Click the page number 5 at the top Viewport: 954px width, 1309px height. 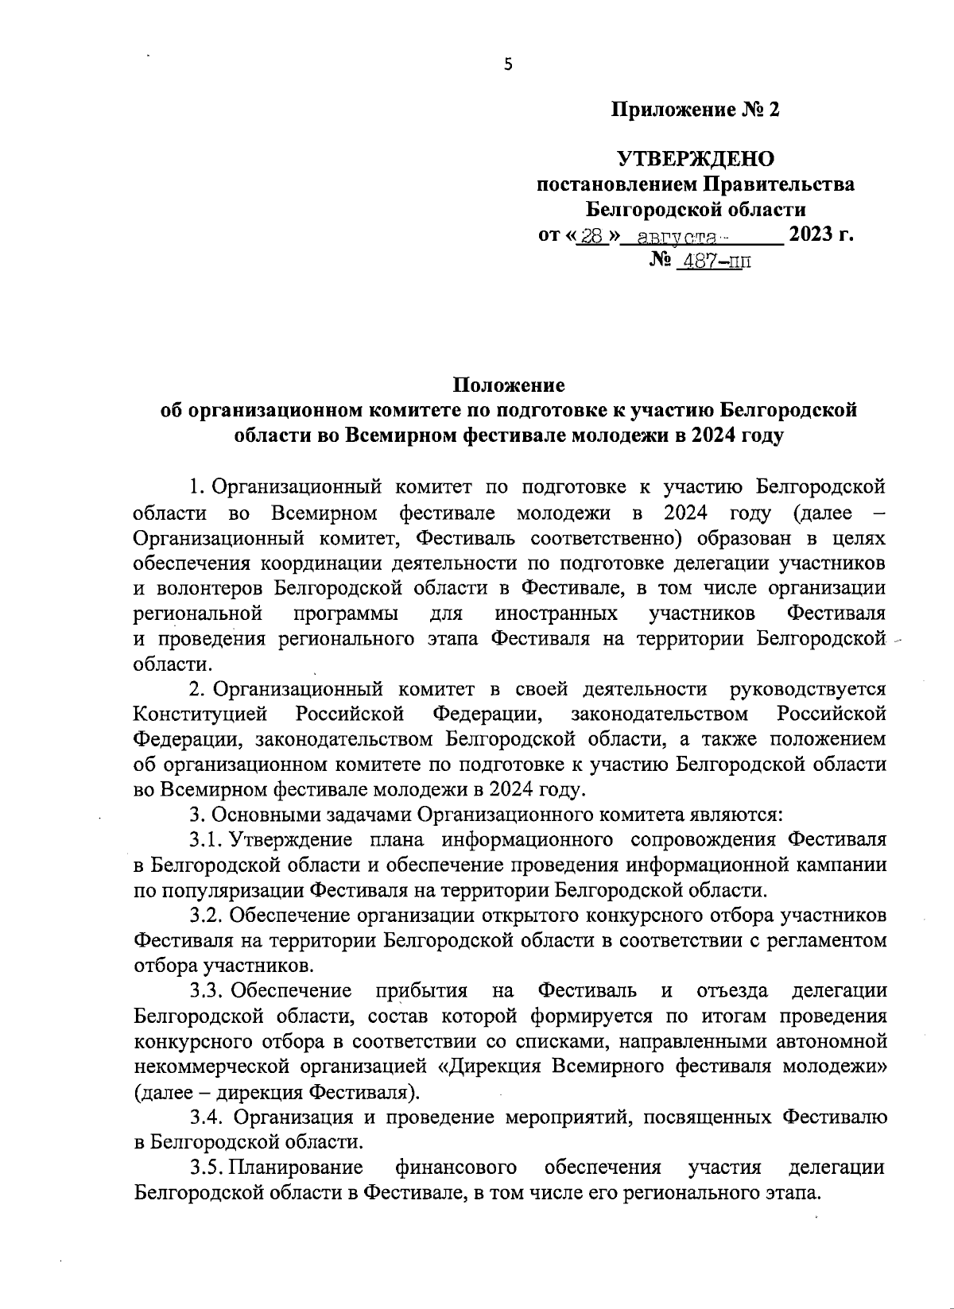click(x=509, y=65)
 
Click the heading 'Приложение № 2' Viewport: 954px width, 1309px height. click(x=695, y=110)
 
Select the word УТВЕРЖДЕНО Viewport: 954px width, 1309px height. click(x=696, y=159)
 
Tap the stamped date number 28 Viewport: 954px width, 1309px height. click(x=591, y=236)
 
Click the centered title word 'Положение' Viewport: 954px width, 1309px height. click(x=509, y=385)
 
